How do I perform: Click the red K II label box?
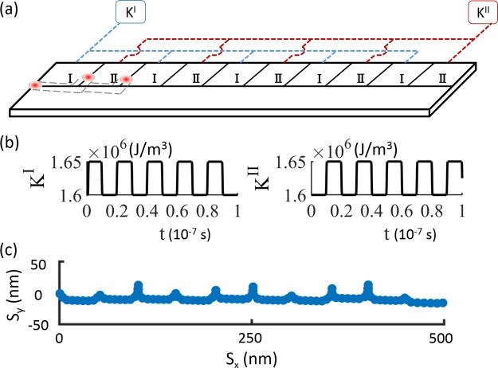(476, 15)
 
